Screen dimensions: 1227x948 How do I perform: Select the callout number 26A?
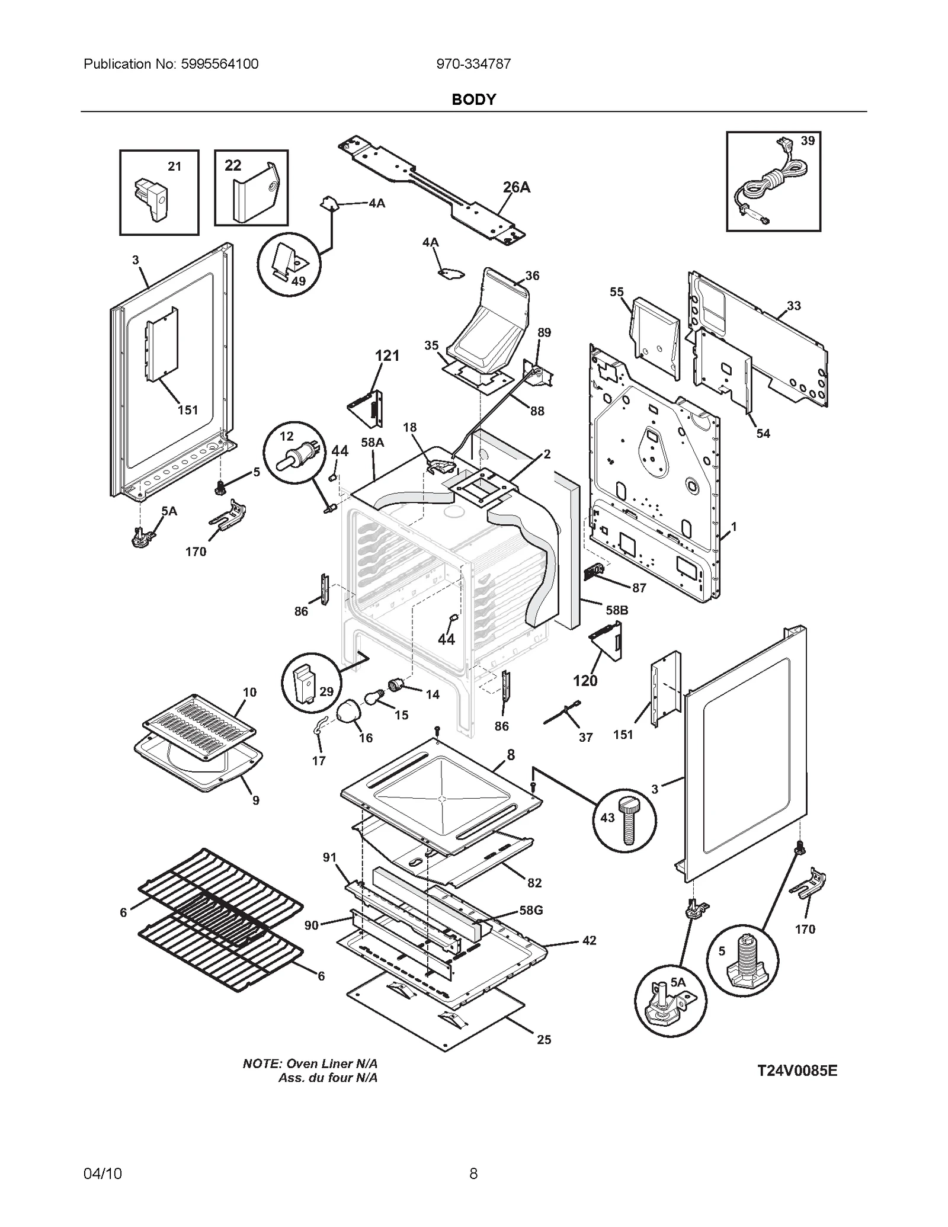(x=516, y=187)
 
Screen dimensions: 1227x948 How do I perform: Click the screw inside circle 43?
(x=627, y=821)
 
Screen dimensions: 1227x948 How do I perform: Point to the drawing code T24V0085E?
(x=797, y=1071)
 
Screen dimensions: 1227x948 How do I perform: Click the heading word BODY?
(x=473, y=100)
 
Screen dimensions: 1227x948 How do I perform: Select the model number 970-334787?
(x=473, y=64)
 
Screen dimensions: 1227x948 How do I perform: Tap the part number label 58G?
(x=531, y=910)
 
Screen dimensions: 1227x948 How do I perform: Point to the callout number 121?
(x=387, y=355)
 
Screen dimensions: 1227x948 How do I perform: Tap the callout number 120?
(x=585, y=681)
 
